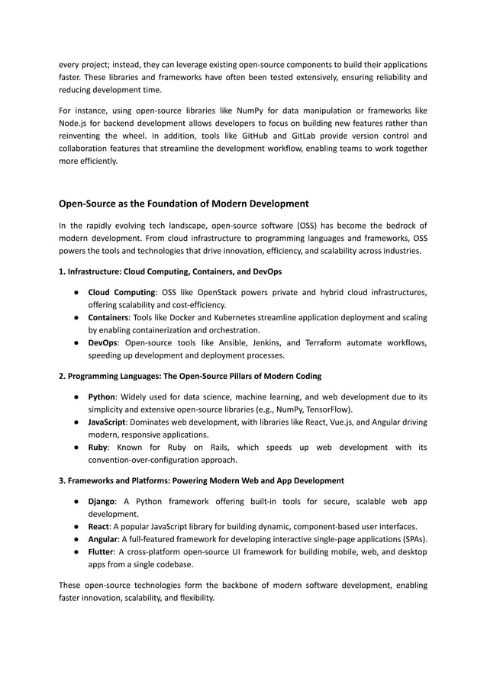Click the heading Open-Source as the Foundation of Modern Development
[x=184, y=204]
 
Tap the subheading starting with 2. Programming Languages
[x=190, y=376]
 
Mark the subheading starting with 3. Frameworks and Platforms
[x=202, y=480]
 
